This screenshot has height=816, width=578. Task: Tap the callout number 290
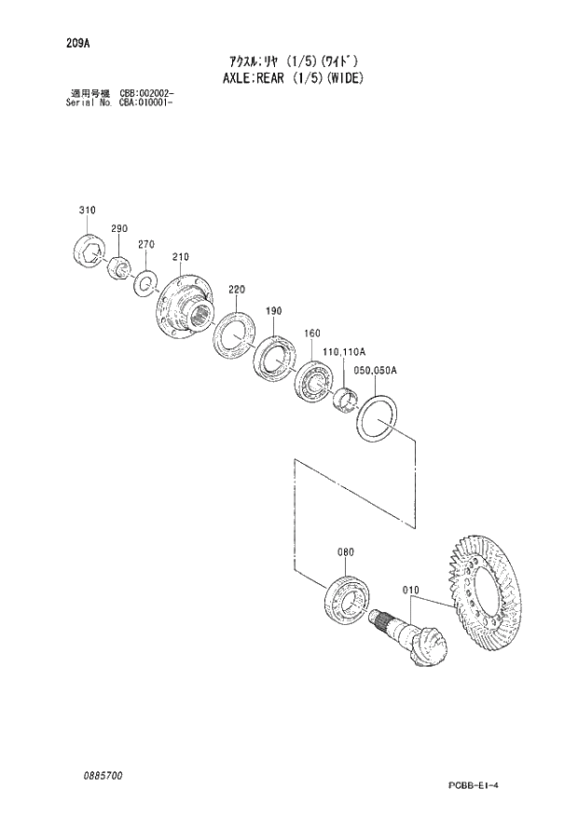[x=118, y=228]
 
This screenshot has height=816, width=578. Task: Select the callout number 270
[x=144, y=244]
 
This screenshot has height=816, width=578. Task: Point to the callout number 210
[x=180, y=257]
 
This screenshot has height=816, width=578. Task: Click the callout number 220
[x=236, y=290]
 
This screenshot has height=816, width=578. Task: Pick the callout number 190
[x=273, y=311]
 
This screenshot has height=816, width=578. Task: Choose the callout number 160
[x=311, y=333]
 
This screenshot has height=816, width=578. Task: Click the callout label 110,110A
[x=344, y=352]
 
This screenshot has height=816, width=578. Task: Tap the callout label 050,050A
[x=377, y=370]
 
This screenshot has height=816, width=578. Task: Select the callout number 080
[x=345, y=552]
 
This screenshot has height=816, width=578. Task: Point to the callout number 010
[x=411, y=590]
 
